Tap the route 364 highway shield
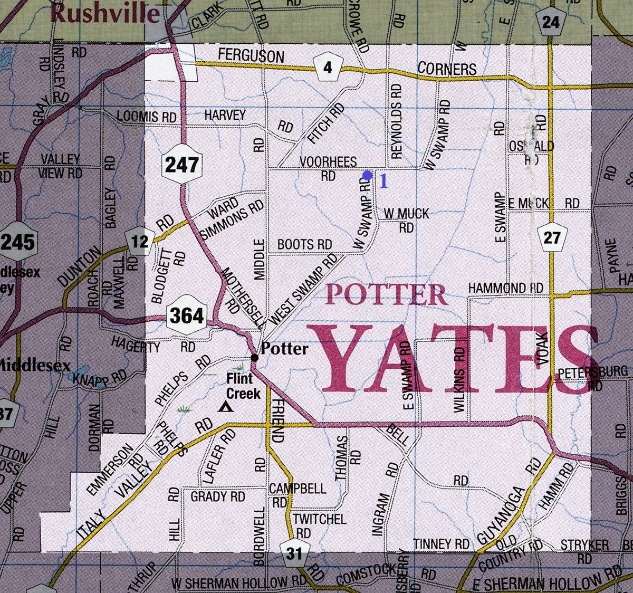click(x=187, y=317)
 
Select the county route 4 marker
click(x=328, y=68)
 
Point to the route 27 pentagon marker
click(x=552, y=237)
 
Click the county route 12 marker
click(x=140, y=242)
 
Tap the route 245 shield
click(x=17, y=242)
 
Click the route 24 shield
click(x=550, y=22)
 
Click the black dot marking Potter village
click(x=254, y=358)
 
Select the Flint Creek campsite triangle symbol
click(x=226, y=406)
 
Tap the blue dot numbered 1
click(x=368, y=175)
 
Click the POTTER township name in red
click(x=386, y=295)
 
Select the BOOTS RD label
click(x=304, y=245)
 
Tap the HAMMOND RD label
click(x=505, y=288)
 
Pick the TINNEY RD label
click(x=441, y=544)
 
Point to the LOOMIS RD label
click(x=146, y=117)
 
